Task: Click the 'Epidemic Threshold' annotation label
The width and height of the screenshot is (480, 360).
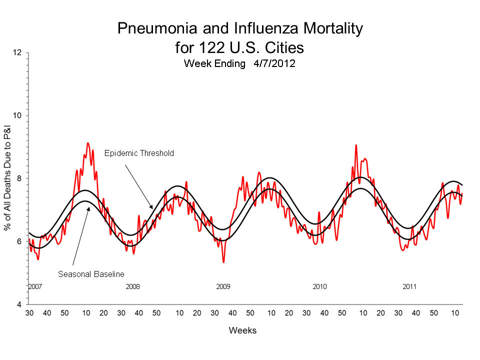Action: point(139,153)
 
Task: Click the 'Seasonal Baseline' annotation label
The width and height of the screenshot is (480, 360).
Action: point(90,274)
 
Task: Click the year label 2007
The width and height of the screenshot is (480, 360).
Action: point(35,286)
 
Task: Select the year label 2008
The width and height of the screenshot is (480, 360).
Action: point(132,286)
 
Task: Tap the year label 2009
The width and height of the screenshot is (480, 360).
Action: point(223,286)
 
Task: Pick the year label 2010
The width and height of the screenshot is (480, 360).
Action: point(319,286)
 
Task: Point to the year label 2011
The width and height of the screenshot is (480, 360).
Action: point(409,286)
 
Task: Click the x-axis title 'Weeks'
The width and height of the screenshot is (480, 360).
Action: point(242,330)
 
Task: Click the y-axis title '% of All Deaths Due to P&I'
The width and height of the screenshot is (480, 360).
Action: point(8,178)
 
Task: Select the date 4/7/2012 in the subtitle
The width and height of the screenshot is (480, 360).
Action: point(274,63)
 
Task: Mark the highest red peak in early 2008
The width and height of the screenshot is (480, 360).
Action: point(88,143)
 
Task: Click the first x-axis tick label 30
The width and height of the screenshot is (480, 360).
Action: point(29,313)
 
